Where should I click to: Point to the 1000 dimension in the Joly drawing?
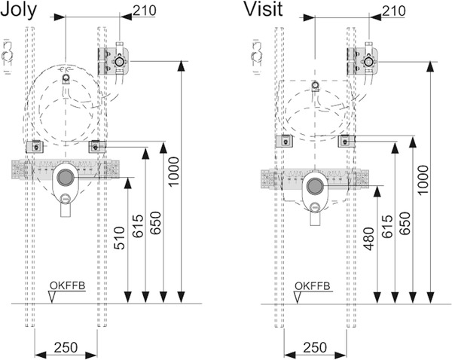click(x=176, y=172)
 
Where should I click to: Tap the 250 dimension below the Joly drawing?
click(x=66, y=349)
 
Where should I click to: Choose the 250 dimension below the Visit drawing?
click(x=315, y=349)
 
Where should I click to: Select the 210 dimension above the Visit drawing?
click(x=393, y=11)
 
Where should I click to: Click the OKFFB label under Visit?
click(x=310, y=285)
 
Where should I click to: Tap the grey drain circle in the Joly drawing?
click(x=66, y=178)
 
